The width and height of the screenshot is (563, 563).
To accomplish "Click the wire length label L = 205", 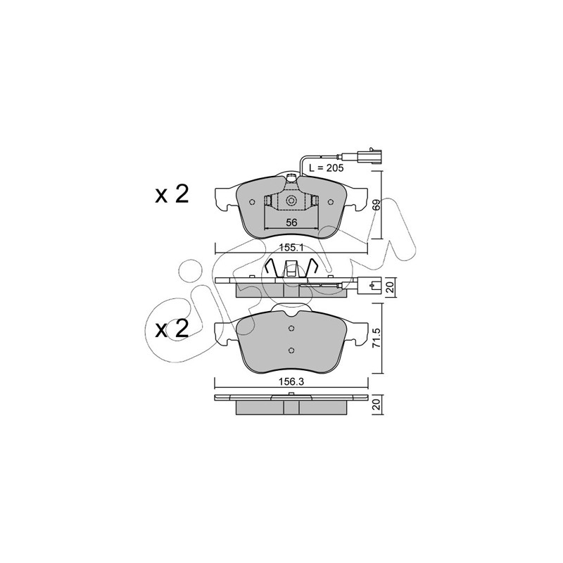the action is click(327, 167).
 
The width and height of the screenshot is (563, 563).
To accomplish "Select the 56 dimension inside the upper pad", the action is click(291, 222).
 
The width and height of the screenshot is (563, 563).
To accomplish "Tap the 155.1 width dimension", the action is click(291, 248).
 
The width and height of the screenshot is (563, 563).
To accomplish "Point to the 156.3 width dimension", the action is click(291, 381).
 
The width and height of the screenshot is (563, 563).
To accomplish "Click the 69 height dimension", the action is click(376, 205).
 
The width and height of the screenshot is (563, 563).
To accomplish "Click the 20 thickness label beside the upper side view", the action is click(391, 287).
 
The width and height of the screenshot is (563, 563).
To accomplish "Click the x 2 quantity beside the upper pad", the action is click(172, 195).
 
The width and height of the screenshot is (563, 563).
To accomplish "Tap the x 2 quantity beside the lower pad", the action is click(172, 329).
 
